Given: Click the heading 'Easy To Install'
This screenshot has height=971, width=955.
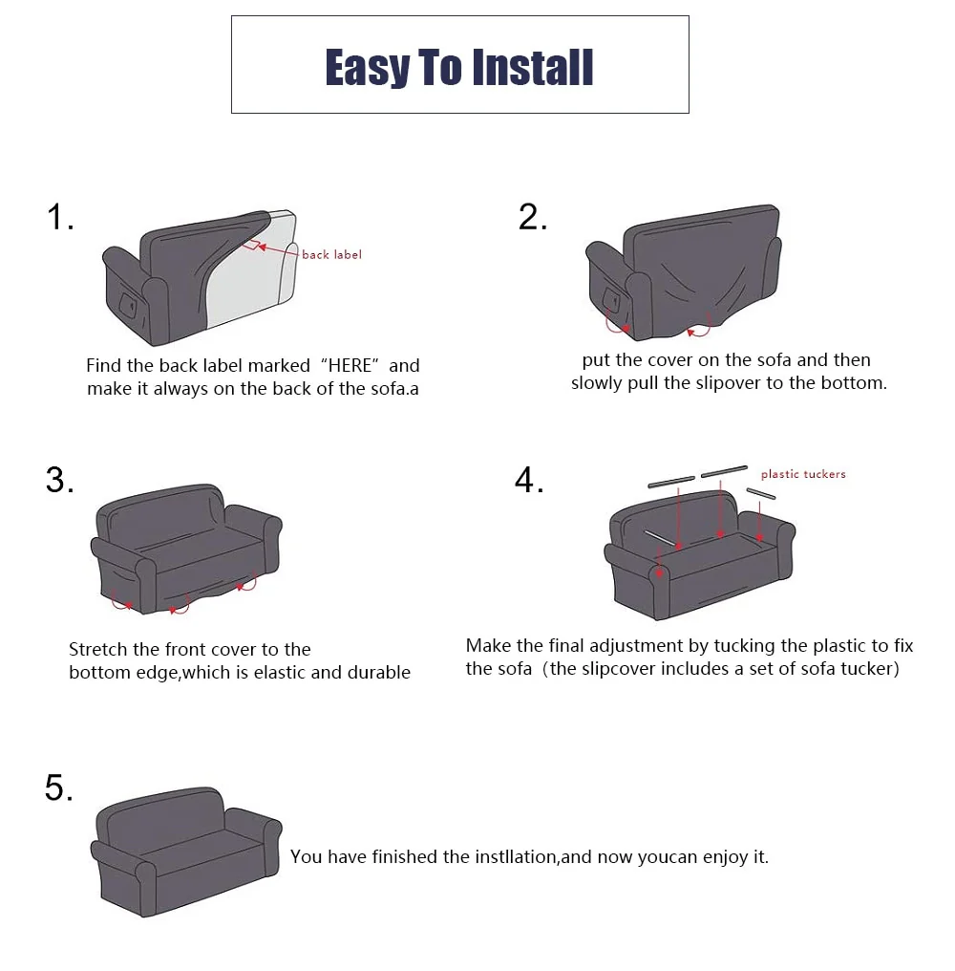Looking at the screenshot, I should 459,67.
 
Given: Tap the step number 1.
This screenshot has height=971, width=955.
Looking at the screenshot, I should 59,218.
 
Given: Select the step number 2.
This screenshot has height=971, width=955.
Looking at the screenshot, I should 533,218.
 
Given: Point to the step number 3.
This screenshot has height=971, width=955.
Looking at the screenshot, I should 59,480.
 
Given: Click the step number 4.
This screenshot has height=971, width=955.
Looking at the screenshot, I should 529,480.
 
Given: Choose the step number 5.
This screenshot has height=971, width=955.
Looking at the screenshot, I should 58,789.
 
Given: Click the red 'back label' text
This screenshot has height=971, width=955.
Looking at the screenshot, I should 331,255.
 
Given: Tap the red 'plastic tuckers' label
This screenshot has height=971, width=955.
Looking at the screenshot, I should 802,474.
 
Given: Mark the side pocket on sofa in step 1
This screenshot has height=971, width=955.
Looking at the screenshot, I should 126,304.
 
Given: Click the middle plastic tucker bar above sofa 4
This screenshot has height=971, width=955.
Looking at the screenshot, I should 724,471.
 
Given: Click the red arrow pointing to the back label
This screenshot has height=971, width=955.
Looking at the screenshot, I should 277,250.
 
